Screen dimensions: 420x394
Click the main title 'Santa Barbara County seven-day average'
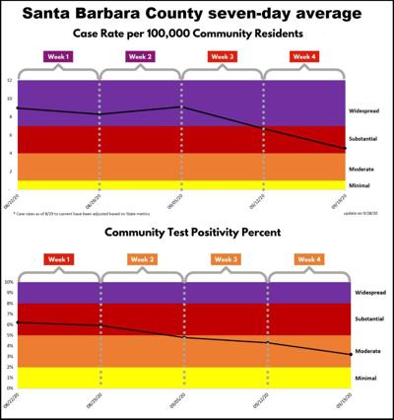click(197, 14)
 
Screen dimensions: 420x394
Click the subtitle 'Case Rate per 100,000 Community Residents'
click(197, 35)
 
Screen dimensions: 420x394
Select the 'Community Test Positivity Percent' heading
click(197, 234)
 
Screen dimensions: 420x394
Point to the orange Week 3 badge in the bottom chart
click(226, 259)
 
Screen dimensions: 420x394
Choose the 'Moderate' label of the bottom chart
click(366, 350)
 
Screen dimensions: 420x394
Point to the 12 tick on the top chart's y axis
click(9, 81)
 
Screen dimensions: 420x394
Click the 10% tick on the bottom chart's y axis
click(9, 282)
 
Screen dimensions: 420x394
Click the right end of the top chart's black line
click(343, 149)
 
